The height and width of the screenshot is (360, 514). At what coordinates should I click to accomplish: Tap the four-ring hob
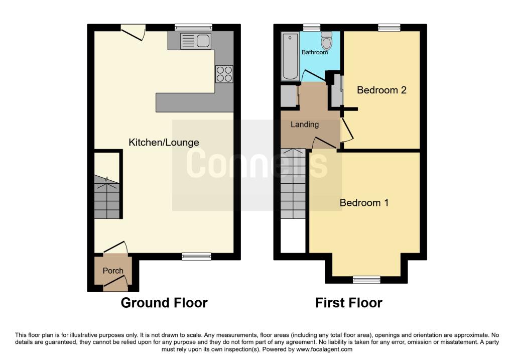224,74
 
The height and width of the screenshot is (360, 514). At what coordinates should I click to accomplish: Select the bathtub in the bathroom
290,56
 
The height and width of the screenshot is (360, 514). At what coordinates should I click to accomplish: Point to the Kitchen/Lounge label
164,143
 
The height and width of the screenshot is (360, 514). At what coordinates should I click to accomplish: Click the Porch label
113,271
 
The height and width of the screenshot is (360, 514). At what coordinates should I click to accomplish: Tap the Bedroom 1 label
364,203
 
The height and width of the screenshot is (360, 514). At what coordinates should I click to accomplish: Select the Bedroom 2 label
381,90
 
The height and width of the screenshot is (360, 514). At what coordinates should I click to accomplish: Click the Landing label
305,125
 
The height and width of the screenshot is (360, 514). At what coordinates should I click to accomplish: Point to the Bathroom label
315,52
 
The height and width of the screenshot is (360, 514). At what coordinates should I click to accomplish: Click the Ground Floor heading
164,303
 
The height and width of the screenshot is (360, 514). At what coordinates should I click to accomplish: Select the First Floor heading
348,303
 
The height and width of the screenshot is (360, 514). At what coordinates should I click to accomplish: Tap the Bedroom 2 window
389,28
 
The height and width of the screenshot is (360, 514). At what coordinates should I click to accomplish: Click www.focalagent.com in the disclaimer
325,349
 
